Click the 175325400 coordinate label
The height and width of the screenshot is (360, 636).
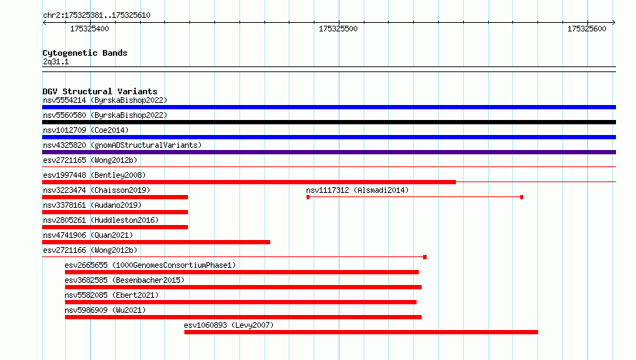(89, 29)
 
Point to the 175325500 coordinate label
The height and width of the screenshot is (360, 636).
(338, 29)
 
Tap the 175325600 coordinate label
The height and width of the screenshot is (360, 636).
(587, 29)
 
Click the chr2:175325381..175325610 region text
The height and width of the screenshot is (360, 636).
(96, 15)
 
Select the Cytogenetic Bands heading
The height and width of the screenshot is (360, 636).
(85, 53)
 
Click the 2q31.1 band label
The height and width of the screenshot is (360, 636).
(56, 61)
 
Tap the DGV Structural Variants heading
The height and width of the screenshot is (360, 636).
(100, 91)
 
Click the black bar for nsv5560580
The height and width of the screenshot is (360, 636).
(329, 122)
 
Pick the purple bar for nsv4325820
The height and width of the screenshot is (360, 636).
(329, 152)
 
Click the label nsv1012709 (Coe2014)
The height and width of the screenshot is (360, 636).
(86, 130)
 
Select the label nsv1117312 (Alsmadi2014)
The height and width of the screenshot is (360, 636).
(357, 190)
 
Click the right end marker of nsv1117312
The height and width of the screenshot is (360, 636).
(522, 197)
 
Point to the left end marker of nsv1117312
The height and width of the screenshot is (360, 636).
(308, 197)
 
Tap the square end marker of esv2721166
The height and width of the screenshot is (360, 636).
(424, 257)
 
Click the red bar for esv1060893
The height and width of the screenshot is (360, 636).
(361, 332)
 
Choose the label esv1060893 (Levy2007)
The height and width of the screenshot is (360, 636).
(229, 325)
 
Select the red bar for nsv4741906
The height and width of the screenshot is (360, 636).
(156, 242)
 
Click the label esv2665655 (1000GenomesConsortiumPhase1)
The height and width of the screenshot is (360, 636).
(150, 265)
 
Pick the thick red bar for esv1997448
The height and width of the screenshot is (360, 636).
(249, 182)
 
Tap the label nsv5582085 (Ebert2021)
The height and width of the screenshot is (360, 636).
(111, 295)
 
